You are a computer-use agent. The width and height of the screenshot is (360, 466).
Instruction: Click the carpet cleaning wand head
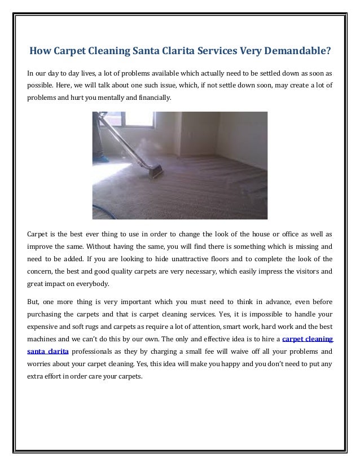153,170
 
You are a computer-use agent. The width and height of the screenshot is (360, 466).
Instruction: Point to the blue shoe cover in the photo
101,159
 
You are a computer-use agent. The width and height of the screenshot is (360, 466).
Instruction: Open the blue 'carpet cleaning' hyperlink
307,340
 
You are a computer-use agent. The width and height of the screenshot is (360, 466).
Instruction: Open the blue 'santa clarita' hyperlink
48,352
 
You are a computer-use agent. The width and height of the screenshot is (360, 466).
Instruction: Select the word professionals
96,352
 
